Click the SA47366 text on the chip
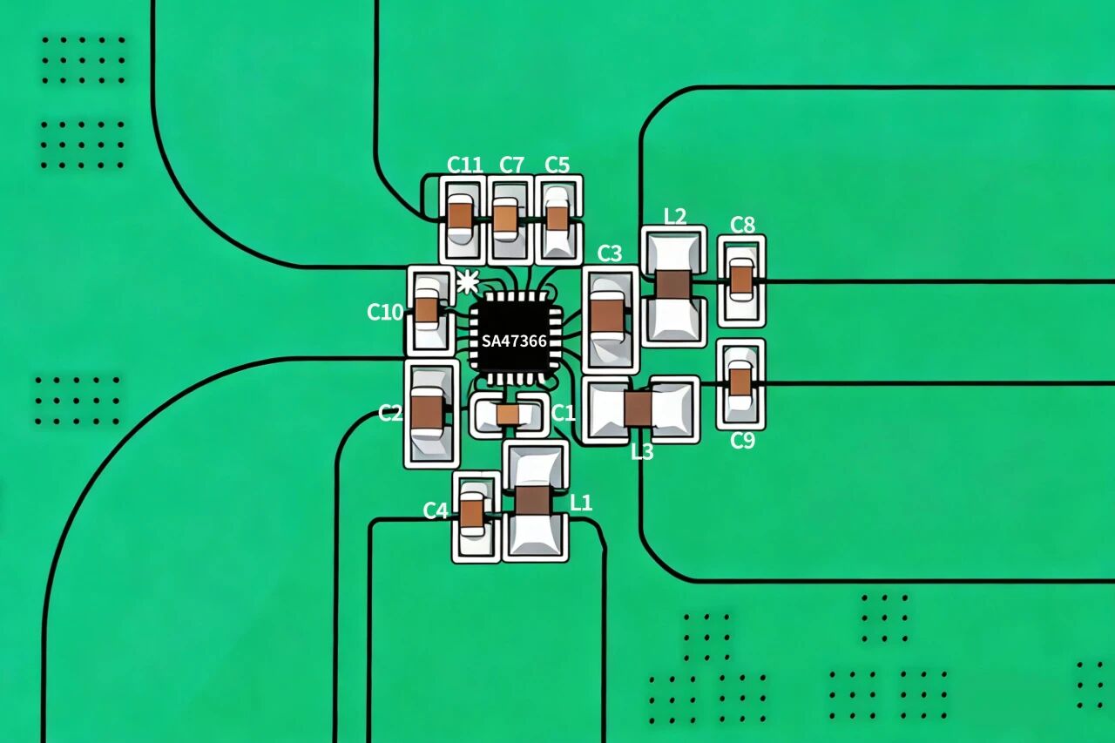[514, 341]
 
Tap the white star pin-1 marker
[468, 282]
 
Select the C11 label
[464, 165]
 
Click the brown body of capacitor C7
[506, 219]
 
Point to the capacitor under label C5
[557, 218]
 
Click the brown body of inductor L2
[673, 284]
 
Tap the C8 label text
[742, 226]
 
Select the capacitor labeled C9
[740, 382]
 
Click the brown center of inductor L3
[639, 409]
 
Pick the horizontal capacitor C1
[508, 415]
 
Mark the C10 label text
[385, 313]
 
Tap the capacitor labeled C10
[427, 310]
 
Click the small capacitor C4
[471, 513]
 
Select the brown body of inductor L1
[534, 500]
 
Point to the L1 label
[581, 503]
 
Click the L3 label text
[642, 452]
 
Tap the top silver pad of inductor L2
[673, 252]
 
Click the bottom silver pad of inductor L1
[535, 535]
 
